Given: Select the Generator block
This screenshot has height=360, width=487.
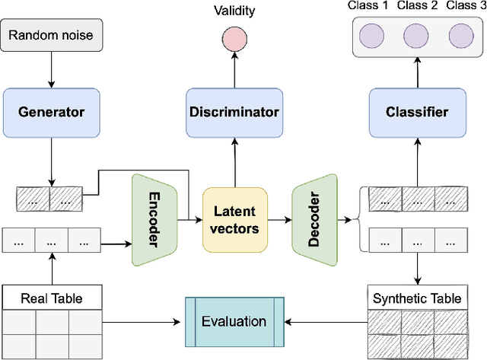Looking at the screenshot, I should (x=51, y=112).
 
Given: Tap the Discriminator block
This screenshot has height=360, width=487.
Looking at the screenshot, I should (x=234, y=112).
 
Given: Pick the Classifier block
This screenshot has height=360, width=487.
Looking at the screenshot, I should (x=416, y=112).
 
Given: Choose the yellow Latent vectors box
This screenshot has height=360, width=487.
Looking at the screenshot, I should (x=234, y=220).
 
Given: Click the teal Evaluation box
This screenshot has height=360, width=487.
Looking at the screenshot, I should (x=234, y=321).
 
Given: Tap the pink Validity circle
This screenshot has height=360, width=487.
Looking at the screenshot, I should (x=234, y=40).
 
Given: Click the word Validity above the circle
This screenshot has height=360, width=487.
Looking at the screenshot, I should (x=234, y=11).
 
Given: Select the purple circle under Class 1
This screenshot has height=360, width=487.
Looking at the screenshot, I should (x=371, y=37).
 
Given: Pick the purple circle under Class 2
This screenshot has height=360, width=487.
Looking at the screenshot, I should (x=416, y=37).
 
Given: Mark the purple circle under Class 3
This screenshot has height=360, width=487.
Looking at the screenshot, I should (x=462, y=37).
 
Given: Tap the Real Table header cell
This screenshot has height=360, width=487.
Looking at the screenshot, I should (x=51, y=298).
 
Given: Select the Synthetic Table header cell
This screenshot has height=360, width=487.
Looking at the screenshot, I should (x=416, y=298).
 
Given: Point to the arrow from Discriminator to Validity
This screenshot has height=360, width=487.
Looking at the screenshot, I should (x=234, y=72).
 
